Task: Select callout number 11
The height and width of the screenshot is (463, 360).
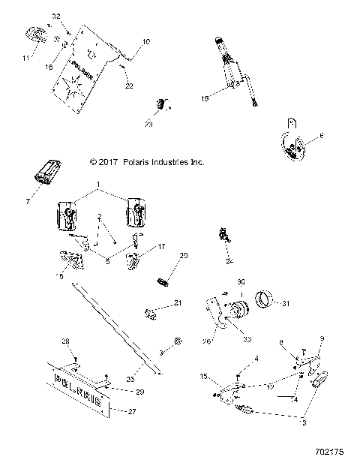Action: click(x=24, y=57)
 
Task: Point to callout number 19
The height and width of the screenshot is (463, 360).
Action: click(x=205, y=96)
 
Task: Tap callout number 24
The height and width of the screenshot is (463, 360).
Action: click(x=229, y=262)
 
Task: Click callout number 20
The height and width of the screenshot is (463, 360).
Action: click(x=183, y=256)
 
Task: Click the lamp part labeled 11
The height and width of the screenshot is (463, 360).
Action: click(x=34, y=35)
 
